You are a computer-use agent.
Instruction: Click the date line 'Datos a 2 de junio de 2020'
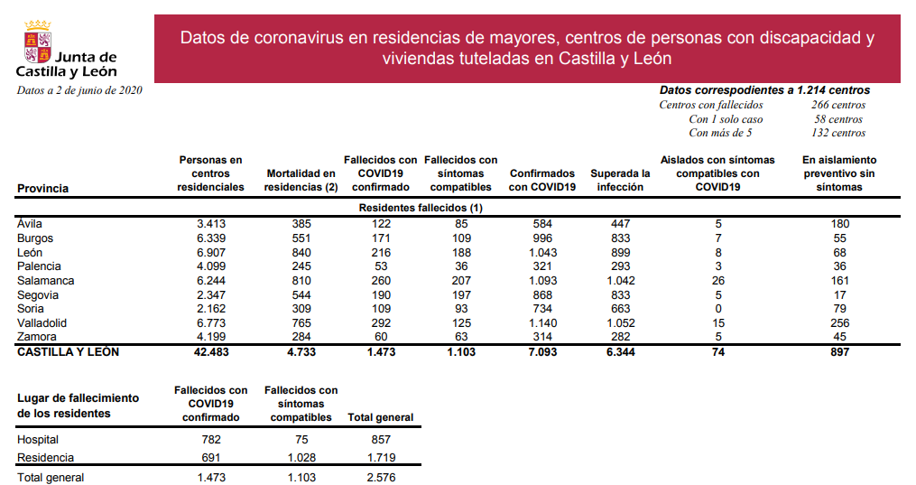click(x=79, y=90)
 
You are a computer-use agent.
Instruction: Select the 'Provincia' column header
click(x=42, y=188)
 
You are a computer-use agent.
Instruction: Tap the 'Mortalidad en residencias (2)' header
click(x=301, y=180)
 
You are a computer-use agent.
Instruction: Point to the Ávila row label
click(x=31, y=224)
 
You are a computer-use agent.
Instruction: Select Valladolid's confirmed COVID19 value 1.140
click(x=542, y=323)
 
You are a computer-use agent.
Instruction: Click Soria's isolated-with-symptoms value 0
click(x=717, y=309)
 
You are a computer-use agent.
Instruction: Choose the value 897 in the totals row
click(x=839, y=352)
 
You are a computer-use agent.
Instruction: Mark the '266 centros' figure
click(x=837, y=105)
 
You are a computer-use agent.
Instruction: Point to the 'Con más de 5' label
click(x=720, y=133)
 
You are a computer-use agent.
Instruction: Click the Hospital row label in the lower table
click(x=38, y=440)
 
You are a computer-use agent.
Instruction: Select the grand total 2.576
click(x=381, y=478)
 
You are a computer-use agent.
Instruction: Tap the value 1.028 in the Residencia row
click(x=301, y=458)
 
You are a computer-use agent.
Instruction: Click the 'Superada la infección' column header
click(x=620, y=180)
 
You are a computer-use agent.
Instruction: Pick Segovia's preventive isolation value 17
click(x=839, y=294)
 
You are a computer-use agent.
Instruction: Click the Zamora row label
click(x=38, y=337)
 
